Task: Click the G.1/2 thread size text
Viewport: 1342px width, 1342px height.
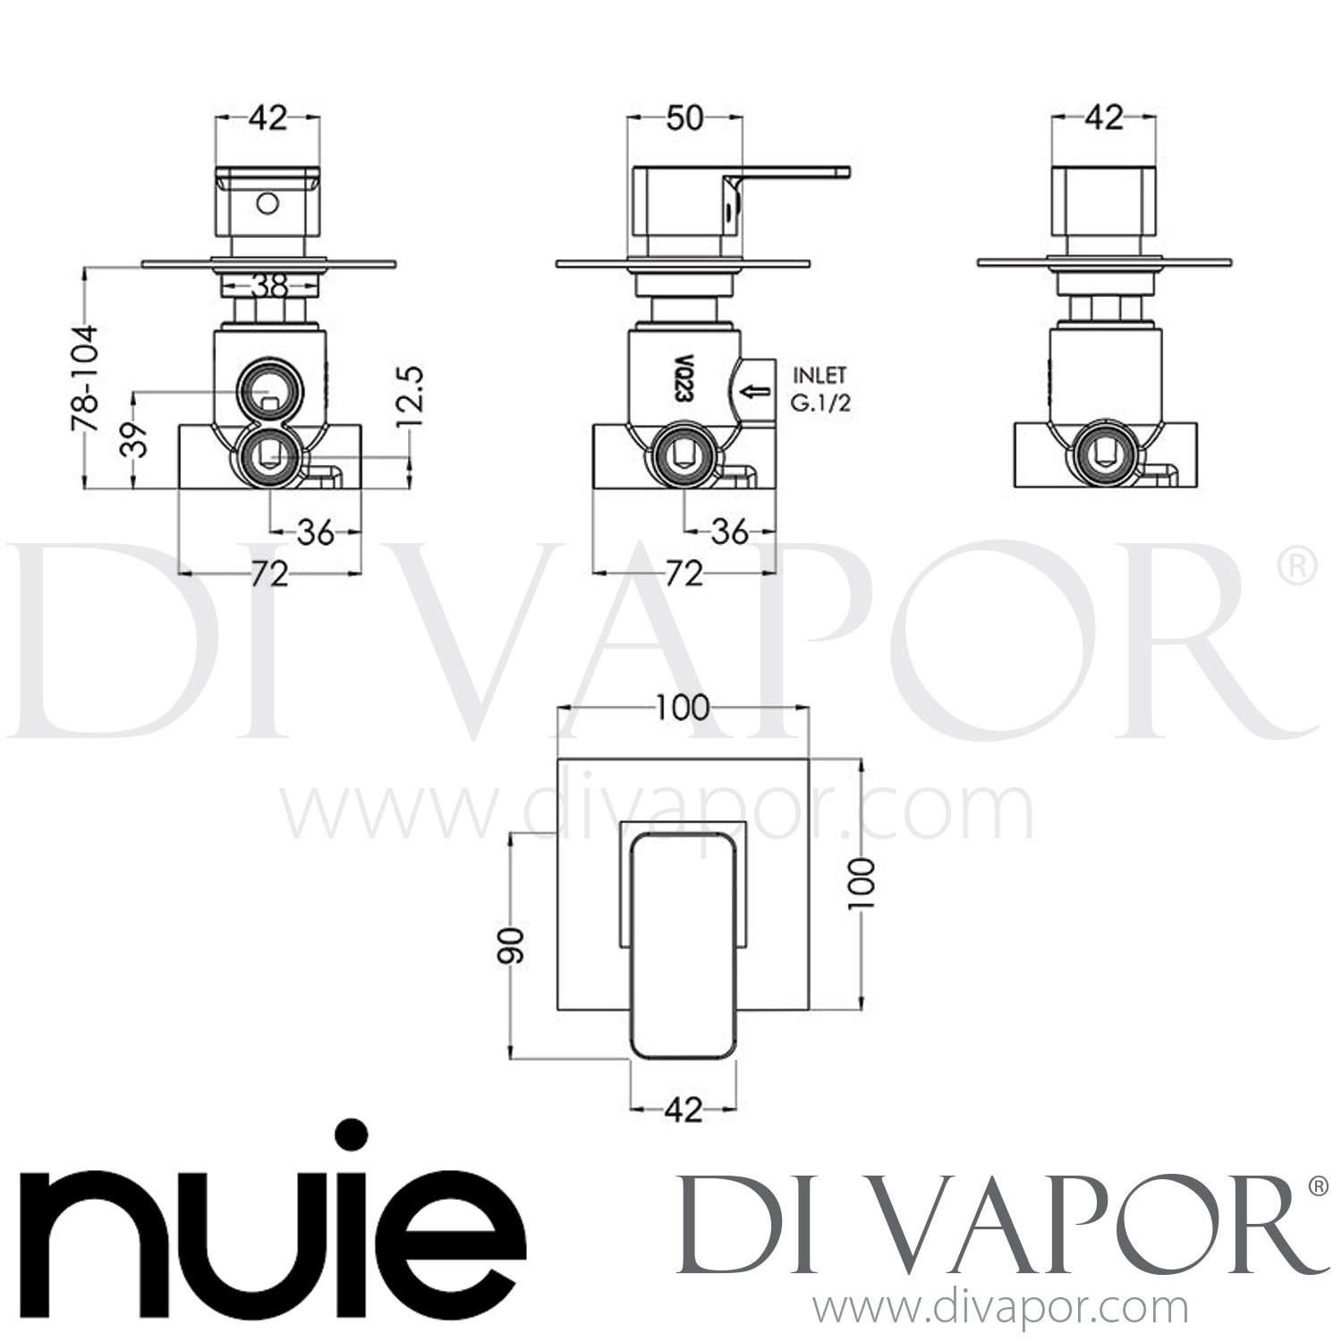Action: pyautogui.click(x=819, y=403)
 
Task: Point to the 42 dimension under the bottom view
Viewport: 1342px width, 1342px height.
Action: pyautogui.click(x=684, y=1110)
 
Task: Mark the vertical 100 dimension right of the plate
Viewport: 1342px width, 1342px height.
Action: pyautogui.click(x=862, y=883)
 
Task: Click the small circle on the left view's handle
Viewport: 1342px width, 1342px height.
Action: pyautogui.click(x=265, y=204)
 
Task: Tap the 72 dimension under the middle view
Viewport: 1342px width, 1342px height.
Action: pyautogui.click(x=684, y=573)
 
